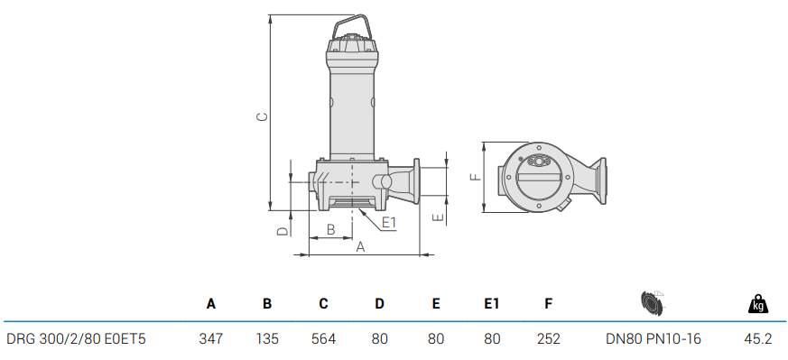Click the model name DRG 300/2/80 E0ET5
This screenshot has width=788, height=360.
tap(76, 339)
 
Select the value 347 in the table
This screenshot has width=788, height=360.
tap(210, 339)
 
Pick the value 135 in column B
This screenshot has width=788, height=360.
tap(267, 339)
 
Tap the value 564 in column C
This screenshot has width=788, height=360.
tap(323, 339)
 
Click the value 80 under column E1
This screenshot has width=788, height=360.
tap(492, 339)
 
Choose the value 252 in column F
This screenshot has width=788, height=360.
tap(548, 339)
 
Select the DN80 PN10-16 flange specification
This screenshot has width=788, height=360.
tap(654, 339)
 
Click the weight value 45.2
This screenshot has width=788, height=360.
tap(757, 339)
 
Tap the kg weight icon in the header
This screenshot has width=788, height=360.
tap(758, 304)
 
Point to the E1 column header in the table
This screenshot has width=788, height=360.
tap(492, 304)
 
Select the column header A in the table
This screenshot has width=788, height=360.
tap(210, 304)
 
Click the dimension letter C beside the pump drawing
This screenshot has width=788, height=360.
tap(261, 116)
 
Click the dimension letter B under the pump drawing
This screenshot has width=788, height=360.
tap(330, 230)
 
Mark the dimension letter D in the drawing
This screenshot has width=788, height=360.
tap(282, 232)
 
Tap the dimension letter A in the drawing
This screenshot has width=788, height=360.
tap(360, 246)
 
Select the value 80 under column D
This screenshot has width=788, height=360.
tap(379, 339)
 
